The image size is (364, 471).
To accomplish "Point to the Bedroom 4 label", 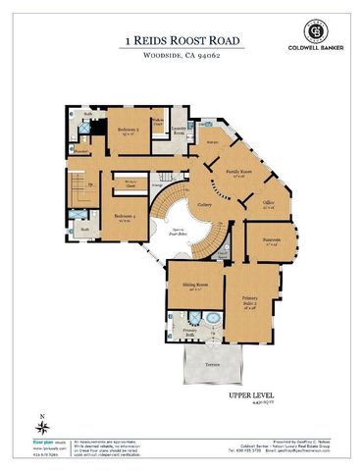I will pyautogui.click(x=123, y=217).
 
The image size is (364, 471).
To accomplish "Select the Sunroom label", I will pyautogui.click(x=272, y=241).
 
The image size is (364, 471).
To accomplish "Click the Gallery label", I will pyautogui.click(x=205, y=203).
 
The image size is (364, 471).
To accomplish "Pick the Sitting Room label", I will pyautogui.click(x=194, y=286).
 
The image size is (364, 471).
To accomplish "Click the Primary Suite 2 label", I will pyautogui.click(x=250, y=301).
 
